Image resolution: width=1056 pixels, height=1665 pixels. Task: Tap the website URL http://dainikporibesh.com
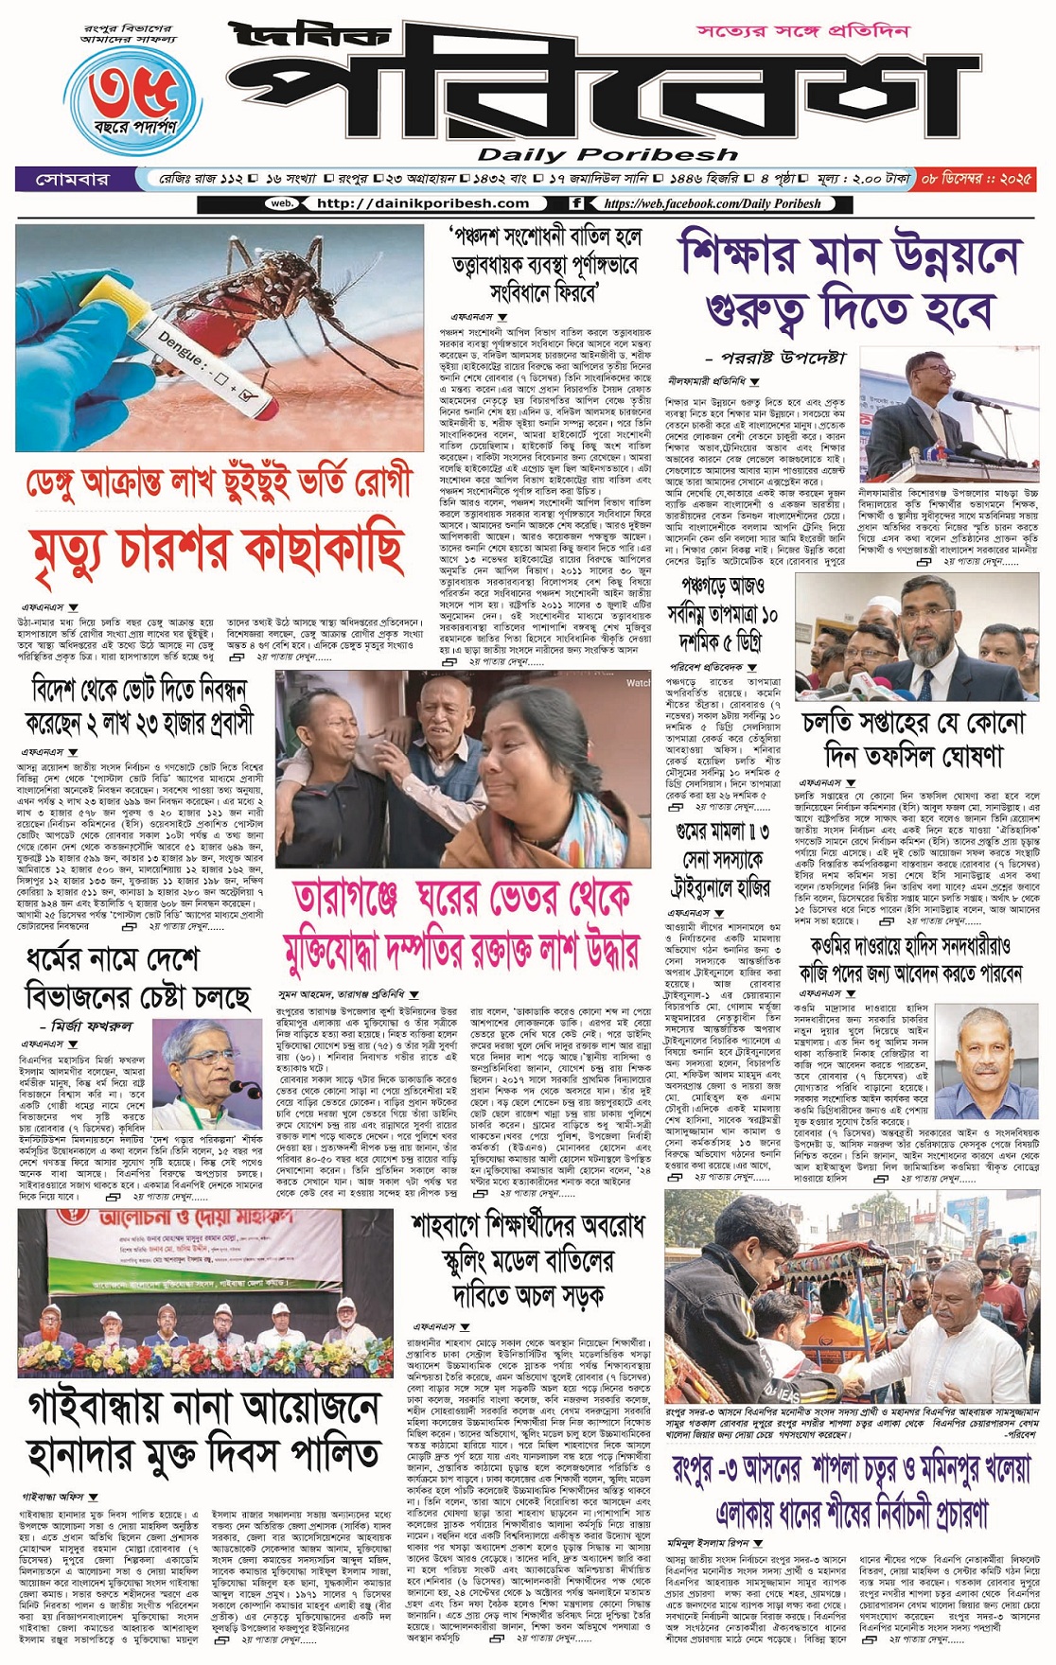pyautogui.click(x=422, y=203)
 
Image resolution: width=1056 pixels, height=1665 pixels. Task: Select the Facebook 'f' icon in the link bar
pyautogui.click(x=576, y=203)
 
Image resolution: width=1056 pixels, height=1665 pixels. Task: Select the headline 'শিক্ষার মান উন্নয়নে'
pyautogui.click(x=851, y=255)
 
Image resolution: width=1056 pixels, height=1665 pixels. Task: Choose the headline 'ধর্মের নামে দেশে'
pyautogui.click(x=114, y=960)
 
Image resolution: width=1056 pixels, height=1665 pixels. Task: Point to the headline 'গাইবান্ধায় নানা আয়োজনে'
pyautogui.click(x=203, y=1408)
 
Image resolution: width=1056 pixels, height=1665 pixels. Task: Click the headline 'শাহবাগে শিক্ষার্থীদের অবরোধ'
pyautogui.click(x=527, y=1225)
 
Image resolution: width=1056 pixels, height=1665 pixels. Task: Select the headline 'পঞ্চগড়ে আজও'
pyautogui.click(x=723, y=584)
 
